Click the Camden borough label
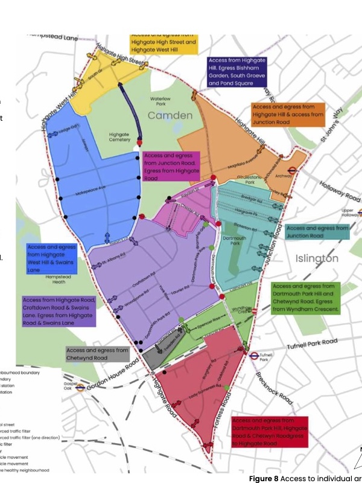[170, 115]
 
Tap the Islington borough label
[316, 258]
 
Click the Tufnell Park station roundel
[254, 356]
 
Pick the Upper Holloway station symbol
[360, 213]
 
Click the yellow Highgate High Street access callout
[164, 42]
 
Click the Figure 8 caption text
[305, 478]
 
